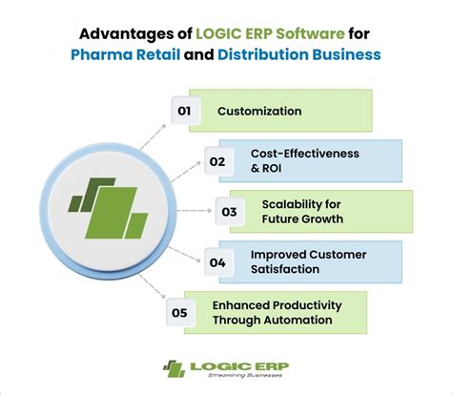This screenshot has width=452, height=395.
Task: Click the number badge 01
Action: (x=185, y=112)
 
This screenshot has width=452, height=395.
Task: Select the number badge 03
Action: (x=229, y=211)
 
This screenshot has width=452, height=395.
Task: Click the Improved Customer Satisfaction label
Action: (x=302, y=261)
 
